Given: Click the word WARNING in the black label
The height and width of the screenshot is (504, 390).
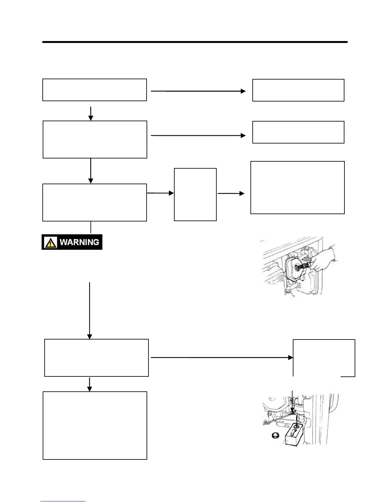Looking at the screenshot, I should [x=79, y=242].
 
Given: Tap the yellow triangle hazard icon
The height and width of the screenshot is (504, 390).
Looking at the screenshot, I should [x=51, y=243].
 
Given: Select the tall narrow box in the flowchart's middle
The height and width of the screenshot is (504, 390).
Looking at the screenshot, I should [x=195, y=194].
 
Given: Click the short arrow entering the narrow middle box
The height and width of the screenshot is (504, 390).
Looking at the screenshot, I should [x=161, y=193].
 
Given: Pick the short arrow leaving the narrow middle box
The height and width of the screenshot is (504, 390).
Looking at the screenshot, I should [x=231, y=193].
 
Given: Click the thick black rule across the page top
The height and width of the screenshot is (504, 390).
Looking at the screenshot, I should [x=195, y=42].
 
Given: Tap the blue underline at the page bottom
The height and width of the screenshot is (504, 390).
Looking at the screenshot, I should [x=63, y=501].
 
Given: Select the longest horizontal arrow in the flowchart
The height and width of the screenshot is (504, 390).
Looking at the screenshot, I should [x=222, y=358].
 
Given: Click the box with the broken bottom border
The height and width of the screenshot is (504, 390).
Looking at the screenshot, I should [x=324, y=358].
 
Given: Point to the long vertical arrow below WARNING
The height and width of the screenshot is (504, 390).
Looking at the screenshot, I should [x=90, y=310].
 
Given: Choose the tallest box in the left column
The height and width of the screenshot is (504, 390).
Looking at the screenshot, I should [x=95, y=425].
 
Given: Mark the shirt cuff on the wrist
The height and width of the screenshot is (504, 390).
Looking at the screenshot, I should [x=332, y=247].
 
